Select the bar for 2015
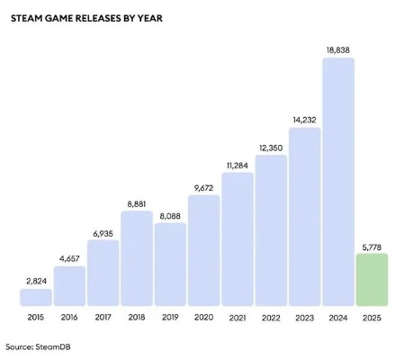tap(36, 297)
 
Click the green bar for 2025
tap(372, 280)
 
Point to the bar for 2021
tap(238, 238)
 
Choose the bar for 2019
tap(170, 264)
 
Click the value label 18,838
tap(338, 49)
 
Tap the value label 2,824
tap(36, 280)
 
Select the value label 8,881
tap(137, 202)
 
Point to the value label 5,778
tap(372, 244)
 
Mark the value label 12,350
tap(271, 146)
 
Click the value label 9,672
tap(204, 186)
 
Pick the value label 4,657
tap(69, 257)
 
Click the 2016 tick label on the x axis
tap(69, 318)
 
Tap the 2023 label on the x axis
tap(305, 318)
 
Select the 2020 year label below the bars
tap(204, 318)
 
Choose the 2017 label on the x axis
tap(103, 318)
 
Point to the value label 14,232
tap(305, 119)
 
